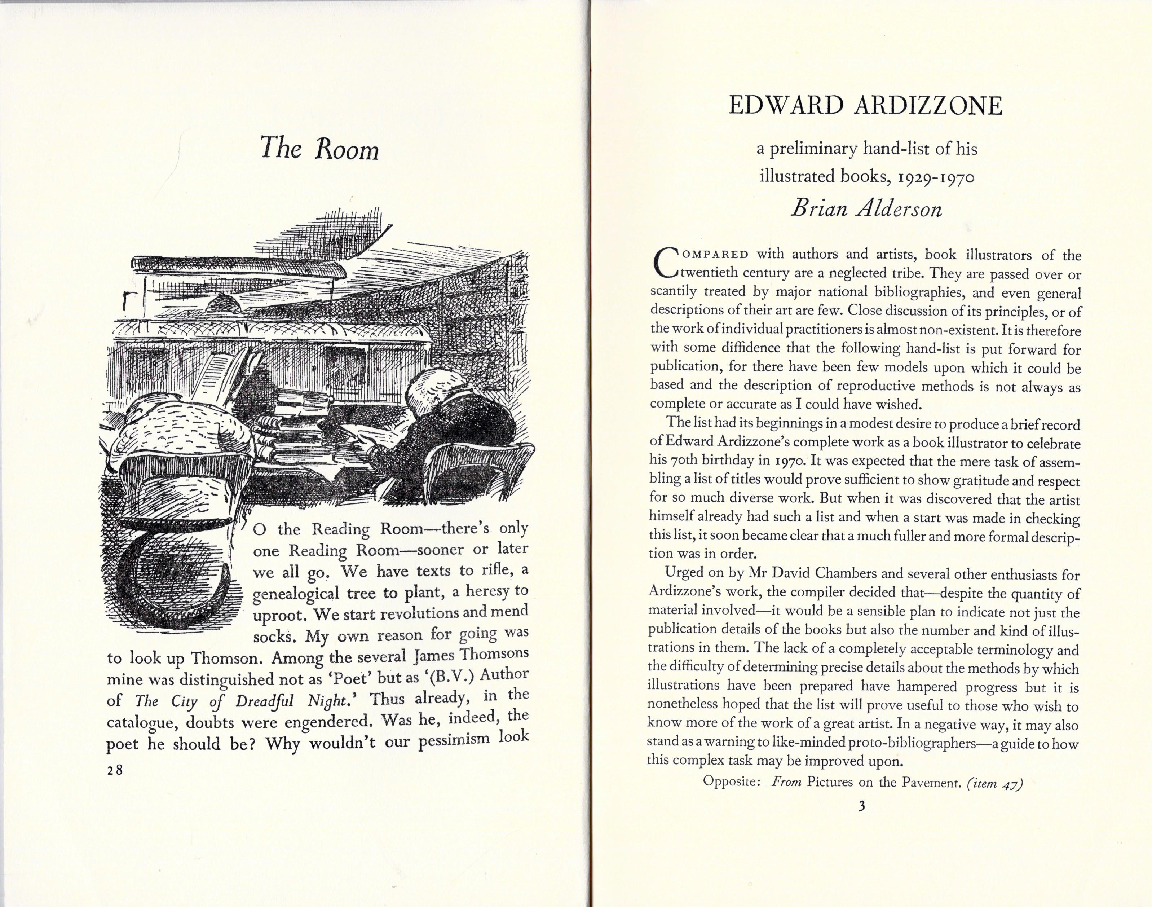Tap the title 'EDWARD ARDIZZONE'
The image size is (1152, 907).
point(865,106)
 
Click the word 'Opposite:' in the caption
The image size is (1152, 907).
point(733,781)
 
